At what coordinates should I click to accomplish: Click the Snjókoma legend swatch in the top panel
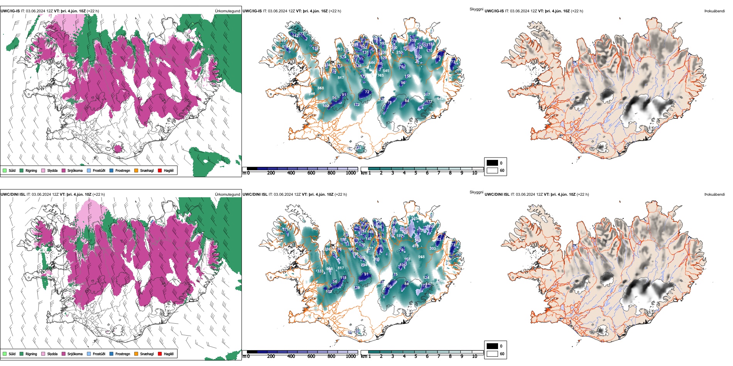point(64,170)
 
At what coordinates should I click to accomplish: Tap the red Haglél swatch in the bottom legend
point(160,354)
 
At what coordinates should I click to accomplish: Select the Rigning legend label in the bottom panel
point(31,354)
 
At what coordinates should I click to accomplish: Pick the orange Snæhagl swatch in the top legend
point(136,170)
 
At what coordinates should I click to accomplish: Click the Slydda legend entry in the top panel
point(52,170)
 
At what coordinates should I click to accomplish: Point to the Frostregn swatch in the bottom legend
point(111,354)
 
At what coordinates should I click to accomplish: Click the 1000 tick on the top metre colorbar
point(351,173)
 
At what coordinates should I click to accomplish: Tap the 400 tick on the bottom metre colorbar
point(291,356)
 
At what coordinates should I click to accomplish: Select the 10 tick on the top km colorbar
point(475,173)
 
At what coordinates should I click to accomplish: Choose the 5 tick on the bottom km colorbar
point(416,356)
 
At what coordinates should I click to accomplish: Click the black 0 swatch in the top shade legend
point(492,163)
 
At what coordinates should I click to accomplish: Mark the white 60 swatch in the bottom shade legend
point(492,354)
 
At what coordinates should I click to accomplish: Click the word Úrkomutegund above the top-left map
point(227,11)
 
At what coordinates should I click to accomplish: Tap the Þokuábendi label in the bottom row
point(714,194)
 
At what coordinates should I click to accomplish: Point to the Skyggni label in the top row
point(476,9)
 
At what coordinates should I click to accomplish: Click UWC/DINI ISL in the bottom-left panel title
point(13,194)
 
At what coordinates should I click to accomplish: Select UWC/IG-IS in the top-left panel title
point(10,11)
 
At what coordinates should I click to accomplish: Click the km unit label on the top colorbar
point(363,173)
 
